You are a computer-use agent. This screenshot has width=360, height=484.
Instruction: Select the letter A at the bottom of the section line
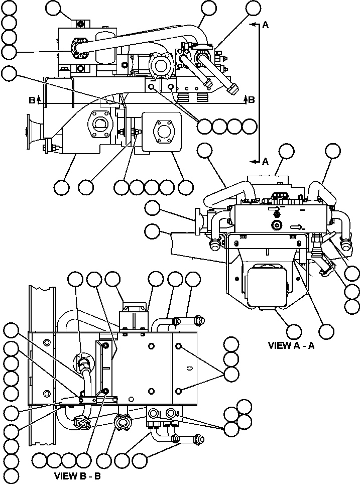click(266, 161)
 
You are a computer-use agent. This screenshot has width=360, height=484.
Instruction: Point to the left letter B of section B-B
click(32, 100)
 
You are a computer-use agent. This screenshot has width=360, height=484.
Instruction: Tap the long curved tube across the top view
click(151, 38)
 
